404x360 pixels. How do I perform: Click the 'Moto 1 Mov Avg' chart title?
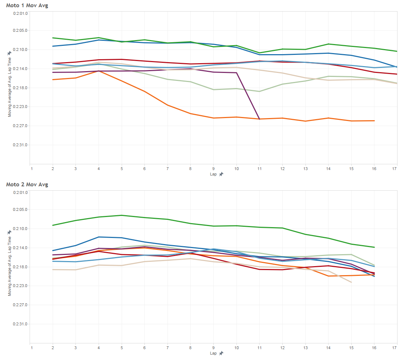click(27, 5)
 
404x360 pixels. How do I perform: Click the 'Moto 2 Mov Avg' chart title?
click(27, 185)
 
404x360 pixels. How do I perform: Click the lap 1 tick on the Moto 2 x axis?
click(31, 348)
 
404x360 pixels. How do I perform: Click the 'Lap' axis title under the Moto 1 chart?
click(213, 174)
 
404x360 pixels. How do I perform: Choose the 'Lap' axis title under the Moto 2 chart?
click(213, 353)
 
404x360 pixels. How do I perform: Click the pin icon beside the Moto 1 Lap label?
click(221, 174)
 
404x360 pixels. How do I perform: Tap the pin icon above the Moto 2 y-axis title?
click(9, 232)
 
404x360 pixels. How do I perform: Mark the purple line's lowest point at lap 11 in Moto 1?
click(259, 119)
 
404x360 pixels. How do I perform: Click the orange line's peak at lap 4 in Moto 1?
click(99, 71)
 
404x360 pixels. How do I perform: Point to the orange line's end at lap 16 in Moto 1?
click(374, 121)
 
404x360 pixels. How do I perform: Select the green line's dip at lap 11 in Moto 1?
click(259, 53)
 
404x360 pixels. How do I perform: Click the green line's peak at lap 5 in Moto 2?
click(122, 215)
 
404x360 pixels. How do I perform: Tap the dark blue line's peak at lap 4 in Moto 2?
click(99, 237)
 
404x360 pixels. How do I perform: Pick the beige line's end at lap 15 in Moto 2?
click(351, 282)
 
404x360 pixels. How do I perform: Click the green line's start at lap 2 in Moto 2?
click(53, 225)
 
